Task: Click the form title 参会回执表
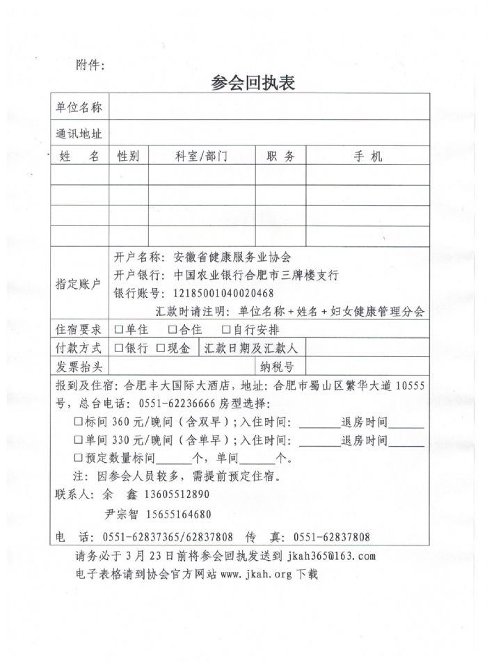tap(253, 83)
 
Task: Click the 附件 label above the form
tap(90, 66)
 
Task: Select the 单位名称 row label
tap(79, 107)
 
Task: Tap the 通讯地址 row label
tap(79, 134)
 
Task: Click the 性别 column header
tap(128, 157)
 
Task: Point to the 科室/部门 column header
tap(202, 157)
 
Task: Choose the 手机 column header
tap(367, 157)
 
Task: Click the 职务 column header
tap(281, 157)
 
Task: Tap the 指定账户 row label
tap(79, 284)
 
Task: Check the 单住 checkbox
tap(119, 330)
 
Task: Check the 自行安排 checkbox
tap(226, 330)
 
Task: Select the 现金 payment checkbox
tap(161, 348)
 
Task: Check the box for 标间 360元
tap(78, 422)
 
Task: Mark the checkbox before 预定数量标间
tap(78, 458)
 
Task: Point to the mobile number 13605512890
tap(176, 495)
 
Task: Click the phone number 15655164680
tap(178, 515)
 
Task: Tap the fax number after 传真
tap(332, 537)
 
